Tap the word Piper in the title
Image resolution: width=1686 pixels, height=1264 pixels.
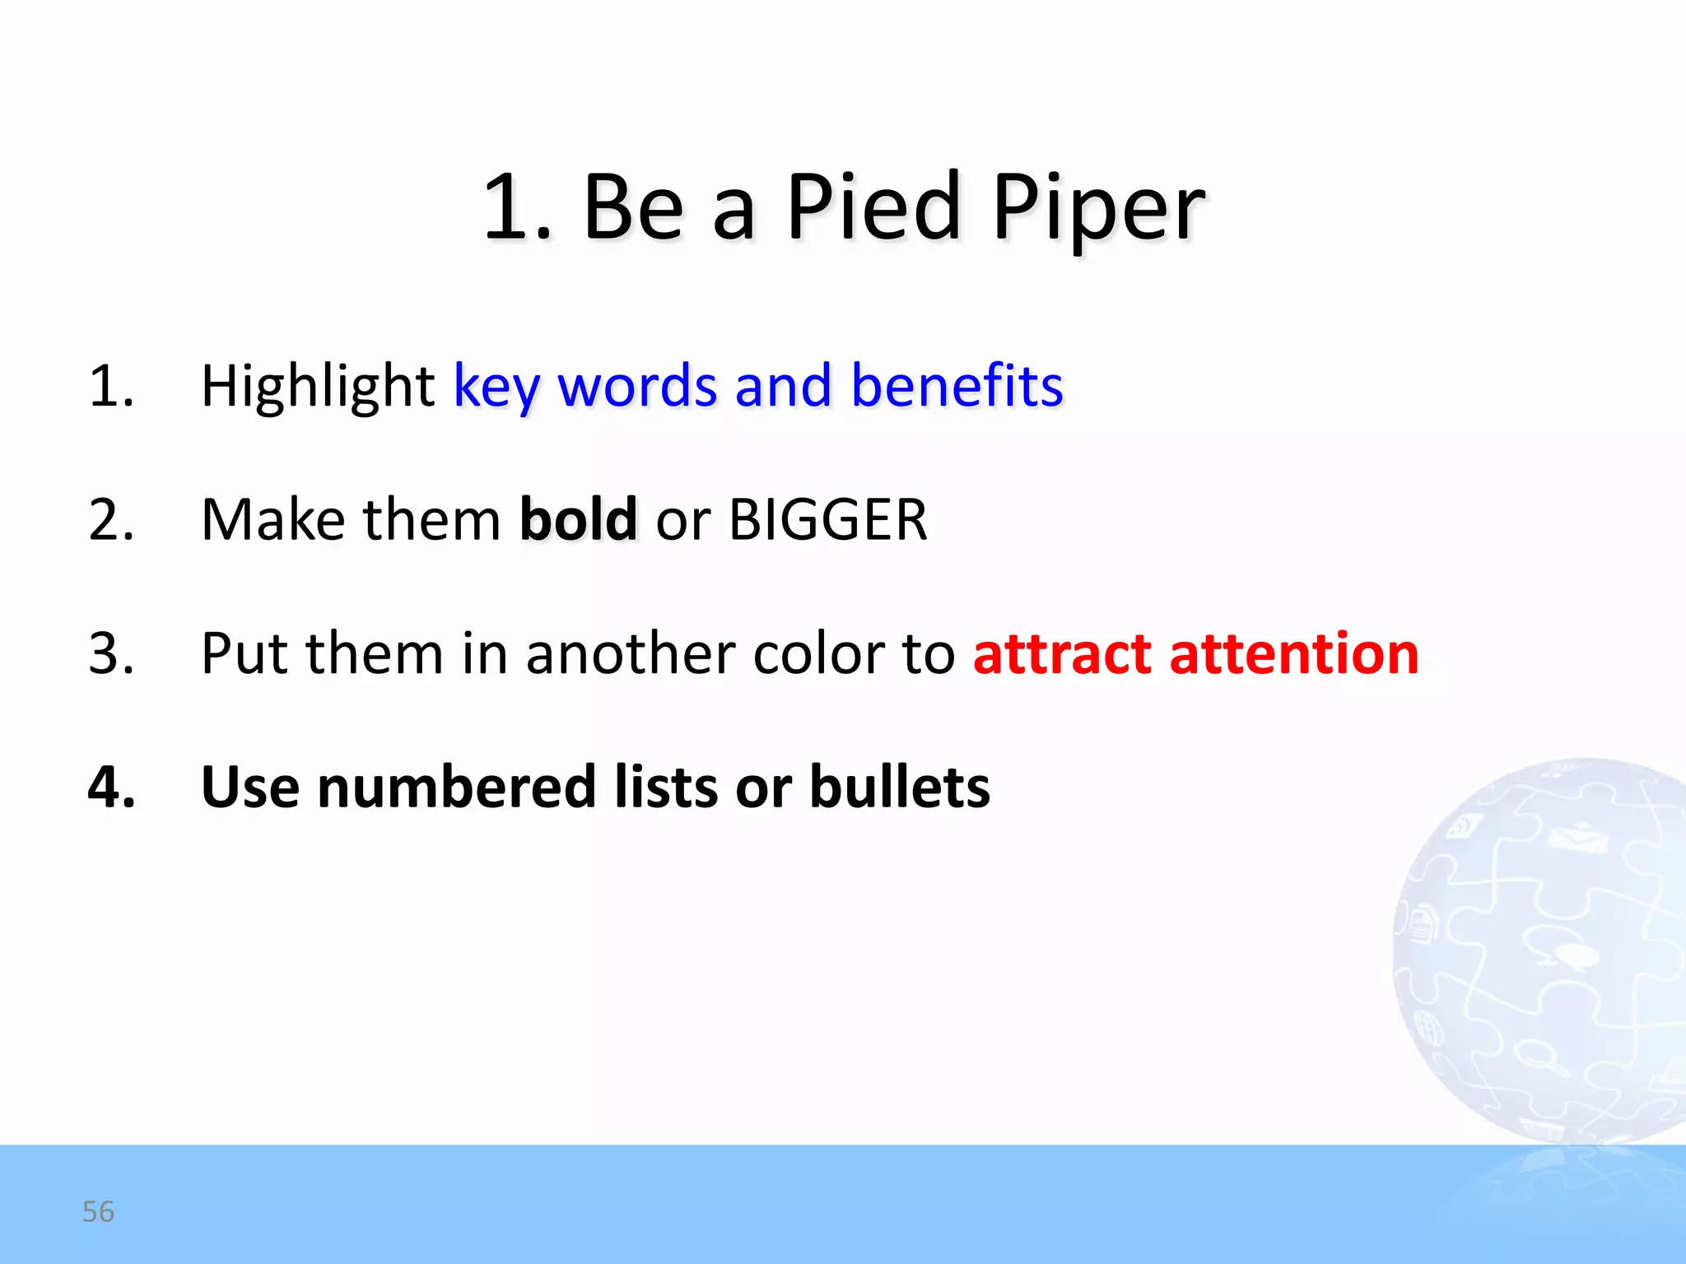pyautogui.click(x=1098, y=211)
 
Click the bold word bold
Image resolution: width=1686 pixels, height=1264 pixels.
pyautogui.click(x=578, y=519)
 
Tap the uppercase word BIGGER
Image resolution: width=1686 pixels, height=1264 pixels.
pyautogui.click(x=828, y=520)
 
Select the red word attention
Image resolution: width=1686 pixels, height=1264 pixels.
pyautogui.click(x=1293, y=653)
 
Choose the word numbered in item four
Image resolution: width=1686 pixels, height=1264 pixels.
pyautogui.click(x=456, y=787)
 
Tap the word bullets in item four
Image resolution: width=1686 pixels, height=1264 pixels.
pyautogui.click(x=900, y=787)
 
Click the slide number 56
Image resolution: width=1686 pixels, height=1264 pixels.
pyautogui.click(x=98, y=1211)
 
